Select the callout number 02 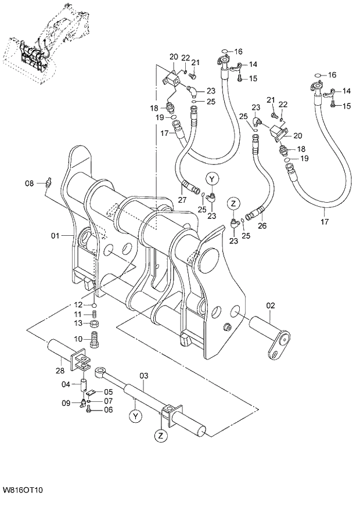(x=270, y=305)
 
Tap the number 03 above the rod (x=144, y=376)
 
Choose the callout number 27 (x=182, y=200)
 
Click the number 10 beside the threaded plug (x=78, y=339)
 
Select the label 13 (x=78, y=323)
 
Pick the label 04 (x=66, y=384)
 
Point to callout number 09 (x=66, y=403)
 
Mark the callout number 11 (x=78, y=314)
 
